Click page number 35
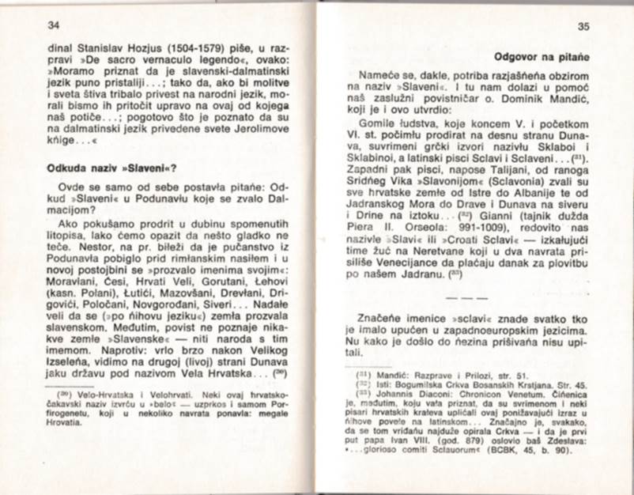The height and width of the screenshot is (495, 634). coord(583,27)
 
